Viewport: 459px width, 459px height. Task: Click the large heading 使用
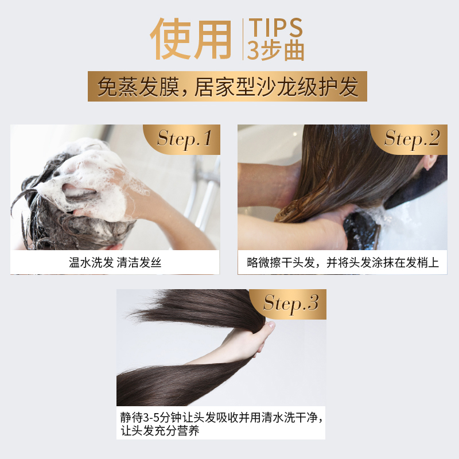191,39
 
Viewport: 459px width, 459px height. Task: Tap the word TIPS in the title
275,28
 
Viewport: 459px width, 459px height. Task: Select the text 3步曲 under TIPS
275,50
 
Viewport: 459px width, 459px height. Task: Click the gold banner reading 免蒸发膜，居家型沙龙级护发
227,87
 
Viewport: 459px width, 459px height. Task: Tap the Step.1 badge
184,139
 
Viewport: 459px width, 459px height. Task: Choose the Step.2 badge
411,139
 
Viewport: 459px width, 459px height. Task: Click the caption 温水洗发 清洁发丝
115,263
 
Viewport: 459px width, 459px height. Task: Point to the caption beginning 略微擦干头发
343,263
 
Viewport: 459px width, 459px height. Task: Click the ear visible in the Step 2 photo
430,162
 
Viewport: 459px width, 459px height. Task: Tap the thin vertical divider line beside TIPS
243,39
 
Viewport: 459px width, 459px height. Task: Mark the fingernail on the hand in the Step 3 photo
271,325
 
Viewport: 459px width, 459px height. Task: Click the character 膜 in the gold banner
169,87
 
